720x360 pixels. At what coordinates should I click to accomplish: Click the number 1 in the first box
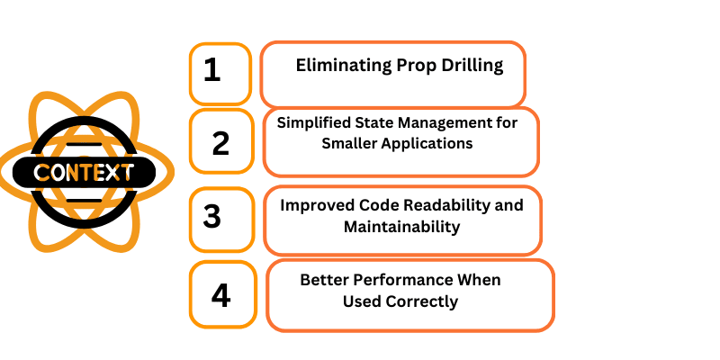point(211,70)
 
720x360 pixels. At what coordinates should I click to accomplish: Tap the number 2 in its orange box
point(220,143)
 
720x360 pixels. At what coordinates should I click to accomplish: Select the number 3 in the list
point(212,216)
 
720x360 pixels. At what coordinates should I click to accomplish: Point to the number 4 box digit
point(220,296)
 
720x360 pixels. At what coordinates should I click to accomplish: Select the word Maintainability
point(401,227)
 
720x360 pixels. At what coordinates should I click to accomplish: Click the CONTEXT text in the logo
point(84,173)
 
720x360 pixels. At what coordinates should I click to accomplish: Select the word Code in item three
point(380,205)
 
